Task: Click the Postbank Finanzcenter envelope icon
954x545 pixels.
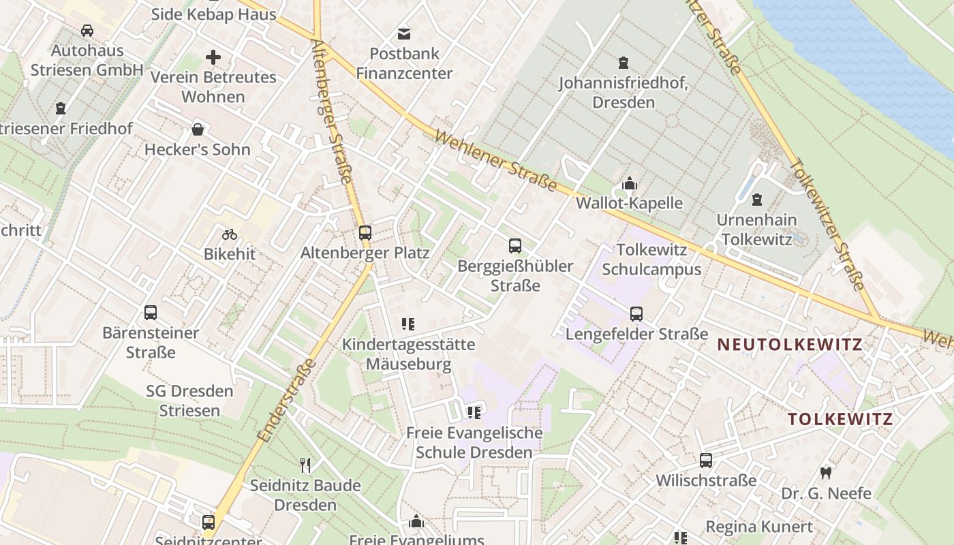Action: pos(404,33)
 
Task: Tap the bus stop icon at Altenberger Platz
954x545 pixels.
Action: pos(365,233)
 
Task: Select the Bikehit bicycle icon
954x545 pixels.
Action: pos(230,235)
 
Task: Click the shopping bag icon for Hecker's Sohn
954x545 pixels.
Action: pos(198,129)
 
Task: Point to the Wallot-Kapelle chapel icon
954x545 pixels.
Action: pos(629,184)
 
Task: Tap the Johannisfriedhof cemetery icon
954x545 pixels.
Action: pos(623,63)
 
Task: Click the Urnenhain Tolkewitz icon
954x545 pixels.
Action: pos(756,200)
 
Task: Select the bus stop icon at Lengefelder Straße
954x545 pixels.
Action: pos(636,314)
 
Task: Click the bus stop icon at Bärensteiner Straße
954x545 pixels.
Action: pos(151,313)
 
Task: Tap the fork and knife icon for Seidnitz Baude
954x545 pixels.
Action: pos(305,465)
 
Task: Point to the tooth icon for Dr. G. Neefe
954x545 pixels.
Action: pos(826,473)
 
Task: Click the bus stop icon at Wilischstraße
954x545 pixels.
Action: pos(706,461)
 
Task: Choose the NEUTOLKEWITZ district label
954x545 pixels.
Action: pos(790,345)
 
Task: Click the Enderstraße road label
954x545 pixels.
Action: pos(288,400)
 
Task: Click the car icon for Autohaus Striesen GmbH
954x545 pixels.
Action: pos(87,31)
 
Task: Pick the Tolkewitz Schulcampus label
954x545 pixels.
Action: pos(651,260)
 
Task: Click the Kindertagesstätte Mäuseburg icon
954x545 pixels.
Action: pos(408,324)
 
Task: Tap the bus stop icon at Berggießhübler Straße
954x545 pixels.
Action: pos(515,246)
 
